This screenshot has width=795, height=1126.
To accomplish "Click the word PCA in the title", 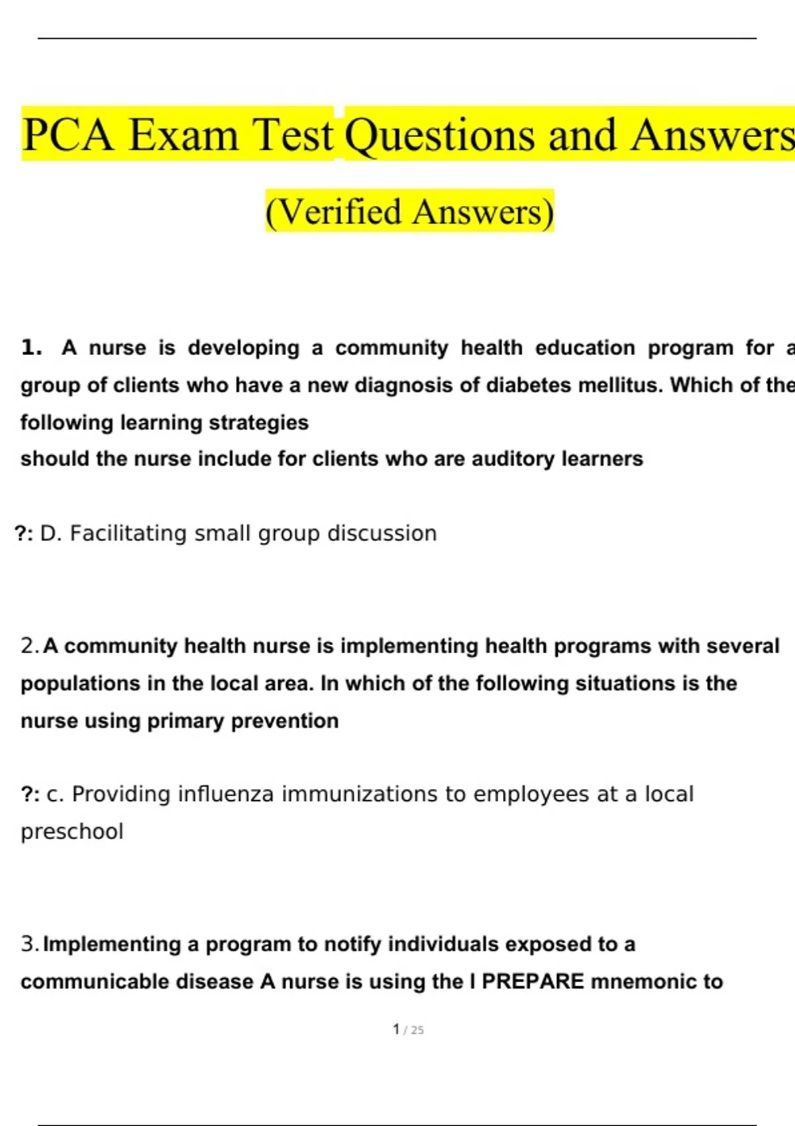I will [x=68, y=135].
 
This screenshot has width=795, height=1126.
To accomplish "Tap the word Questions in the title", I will [x=440, y=135].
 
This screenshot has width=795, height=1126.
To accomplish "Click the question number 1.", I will [x=31, y=348].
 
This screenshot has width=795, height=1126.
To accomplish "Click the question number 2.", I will [x=30, y=646].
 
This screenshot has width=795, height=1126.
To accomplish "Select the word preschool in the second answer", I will [x=72, y=831].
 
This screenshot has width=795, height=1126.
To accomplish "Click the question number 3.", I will [x=30, y=944].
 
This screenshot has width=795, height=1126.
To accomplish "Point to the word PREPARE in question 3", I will [x=533, y=981].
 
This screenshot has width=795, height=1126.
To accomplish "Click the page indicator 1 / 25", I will [x=408, y=1029].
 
